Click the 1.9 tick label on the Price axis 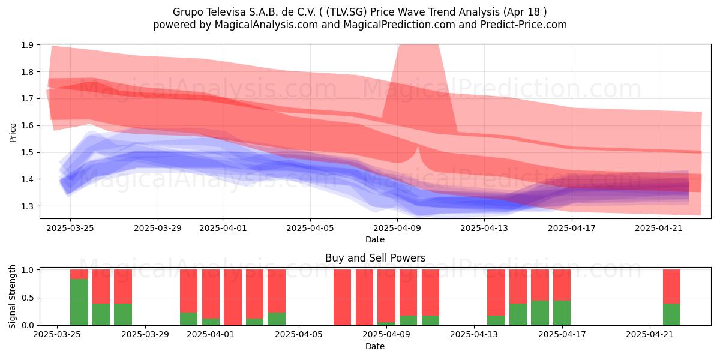[28, 45]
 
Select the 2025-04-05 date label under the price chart [310, 228]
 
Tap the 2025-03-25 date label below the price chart [70, 228]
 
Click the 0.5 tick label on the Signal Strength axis [28, 298]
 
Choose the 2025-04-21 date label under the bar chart [650, 335]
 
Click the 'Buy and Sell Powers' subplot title [375, 258]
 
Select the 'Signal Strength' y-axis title [12, 296]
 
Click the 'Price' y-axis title [13, 133]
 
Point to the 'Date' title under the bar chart [375, 346]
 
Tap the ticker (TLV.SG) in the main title [346, 12]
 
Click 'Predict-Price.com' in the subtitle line [523, 25]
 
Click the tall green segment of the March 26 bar [79, 302]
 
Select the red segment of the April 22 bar [671, 286]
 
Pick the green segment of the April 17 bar [562, 313]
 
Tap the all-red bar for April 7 [343, 298]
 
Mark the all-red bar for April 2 [233, 298]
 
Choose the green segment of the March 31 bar [188, 319]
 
